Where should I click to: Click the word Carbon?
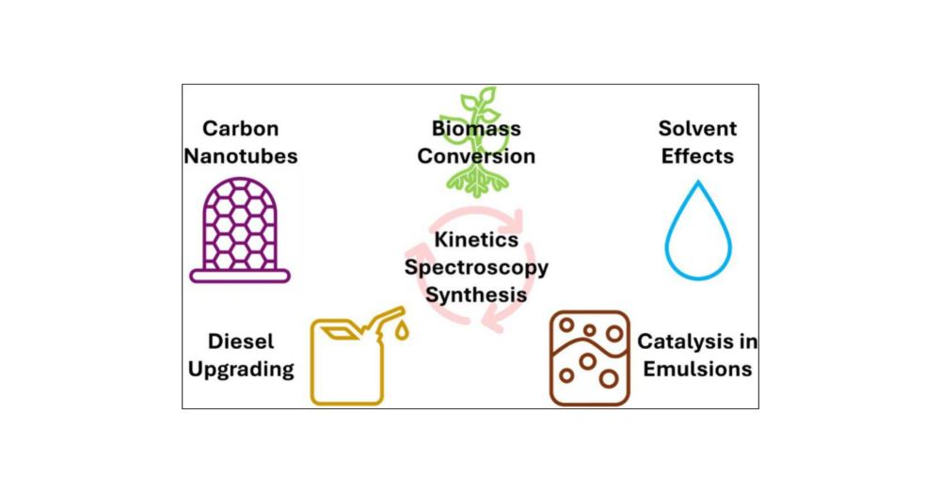click(240, 129)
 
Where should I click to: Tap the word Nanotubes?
click(240, 156)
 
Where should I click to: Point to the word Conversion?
click(476, 156)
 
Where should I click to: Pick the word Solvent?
click(697, 129)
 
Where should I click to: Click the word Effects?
click(697, 156)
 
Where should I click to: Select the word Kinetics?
click(476, 242)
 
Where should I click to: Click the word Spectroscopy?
click(476, 267)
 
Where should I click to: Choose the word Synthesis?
click(476, 294)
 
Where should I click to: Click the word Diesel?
click(241, 341)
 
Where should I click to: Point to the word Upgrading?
click(241, 369)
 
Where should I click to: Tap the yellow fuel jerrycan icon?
click(349, 362)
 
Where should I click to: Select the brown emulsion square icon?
click(589, 358)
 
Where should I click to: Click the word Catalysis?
click(697, 341)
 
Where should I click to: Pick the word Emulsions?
click(697, 369)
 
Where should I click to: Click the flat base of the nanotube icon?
click(240, 277)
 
